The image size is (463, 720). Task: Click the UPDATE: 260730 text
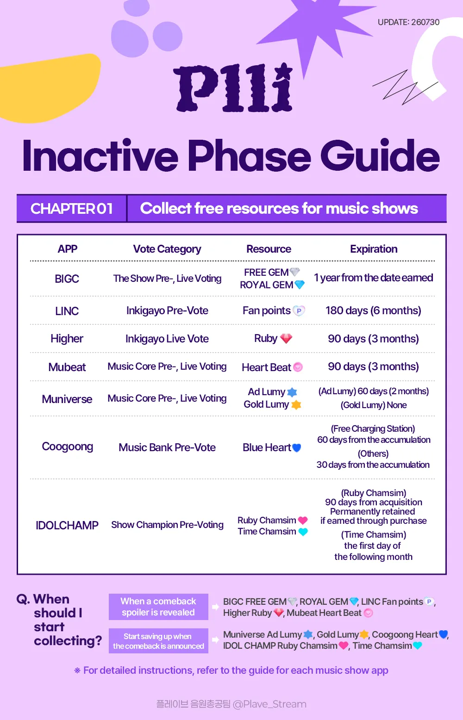408,22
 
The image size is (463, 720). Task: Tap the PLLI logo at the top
233,88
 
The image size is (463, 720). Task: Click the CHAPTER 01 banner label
72,209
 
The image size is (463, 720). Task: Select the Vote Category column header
167,249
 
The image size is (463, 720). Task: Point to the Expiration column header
374,249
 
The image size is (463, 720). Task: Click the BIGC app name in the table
67,279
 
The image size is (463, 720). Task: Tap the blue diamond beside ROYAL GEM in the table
300,285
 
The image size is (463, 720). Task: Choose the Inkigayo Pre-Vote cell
167,311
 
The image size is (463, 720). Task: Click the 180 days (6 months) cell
373,310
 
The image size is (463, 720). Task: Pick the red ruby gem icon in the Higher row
286,338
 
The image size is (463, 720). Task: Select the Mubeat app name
67,367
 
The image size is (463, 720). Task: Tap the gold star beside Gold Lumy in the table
296,405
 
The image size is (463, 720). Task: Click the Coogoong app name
68,447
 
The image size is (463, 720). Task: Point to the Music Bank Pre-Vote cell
167,447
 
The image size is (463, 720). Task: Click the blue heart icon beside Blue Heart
296,448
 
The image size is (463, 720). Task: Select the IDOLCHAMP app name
67,525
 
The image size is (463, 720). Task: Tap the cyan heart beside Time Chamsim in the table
303,532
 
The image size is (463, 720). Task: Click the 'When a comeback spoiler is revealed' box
158,607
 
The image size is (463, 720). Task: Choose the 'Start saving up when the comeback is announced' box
158,641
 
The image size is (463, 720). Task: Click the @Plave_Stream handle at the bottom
269,704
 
